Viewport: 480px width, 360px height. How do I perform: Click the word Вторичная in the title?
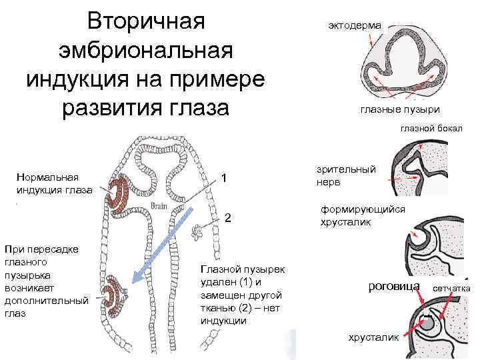145,21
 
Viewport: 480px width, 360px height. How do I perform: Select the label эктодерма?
355,25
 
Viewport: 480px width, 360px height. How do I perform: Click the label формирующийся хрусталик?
363,215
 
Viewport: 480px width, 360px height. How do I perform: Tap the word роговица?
394,286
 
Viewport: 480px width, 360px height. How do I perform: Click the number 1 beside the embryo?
225,179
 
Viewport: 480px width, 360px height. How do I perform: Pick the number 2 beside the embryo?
228,218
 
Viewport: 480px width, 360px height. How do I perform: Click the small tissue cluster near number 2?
197,232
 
